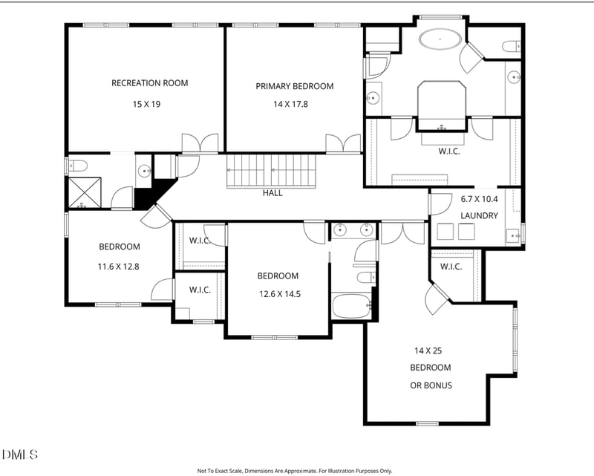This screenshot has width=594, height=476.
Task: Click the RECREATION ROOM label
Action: pyautogui.click(x=150, y=83)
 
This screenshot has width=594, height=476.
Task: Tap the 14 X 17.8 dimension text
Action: pyautogui.click(x=290, y=104)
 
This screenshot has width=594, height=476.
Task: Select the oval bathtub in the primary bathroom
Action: pyautogui.click(x=440, y=39)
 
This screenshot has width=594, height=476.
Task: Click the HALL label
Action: pyautogui.click(x=272, y=193)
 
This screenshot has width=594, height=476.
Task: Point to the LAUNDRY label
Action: pyautogui.click(x=479, y=215)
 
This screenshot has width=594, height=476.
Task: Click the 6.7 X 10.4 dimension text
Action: pyautogui.click(x=479, y=199)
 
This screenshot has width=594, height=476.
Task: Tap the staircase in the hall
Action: pyautogui.click(x=271, y=171)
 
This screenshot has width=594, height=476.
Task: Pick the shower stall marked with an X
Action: pyautogui.click(x=85, y=192)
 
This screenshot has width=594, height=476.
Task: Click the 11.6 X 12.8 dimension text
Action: pyautogui.click(x=119, y=267)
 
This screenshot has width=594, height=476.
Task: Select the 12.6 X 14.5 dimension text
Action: pyautogui.click(x=280, y=294)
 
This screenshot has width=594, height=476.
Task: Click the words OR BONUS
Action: pyautogui.click(x=431, y=385)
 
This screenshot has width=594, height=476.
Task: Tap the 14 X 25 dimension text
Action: pyautogui.click(x=428, y=351)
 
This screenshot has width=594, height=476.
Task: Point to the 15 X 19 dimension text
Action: pyautogui.click(x=146, y=104)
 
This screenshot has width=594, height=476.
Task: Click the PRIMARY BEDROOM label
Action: pyautogui.click(x=294, y=86)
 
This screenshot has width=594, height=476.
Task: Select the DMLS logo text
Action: pyautogui.click(x=20, y=454)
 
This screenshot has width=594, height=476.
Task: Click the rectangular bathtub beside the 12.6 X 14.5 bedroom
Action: pyautogui.click(x=350, y=306)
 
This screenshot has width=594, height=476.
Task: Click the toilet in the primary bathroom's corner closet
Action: pyautogui.click(x=512, y=46)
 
